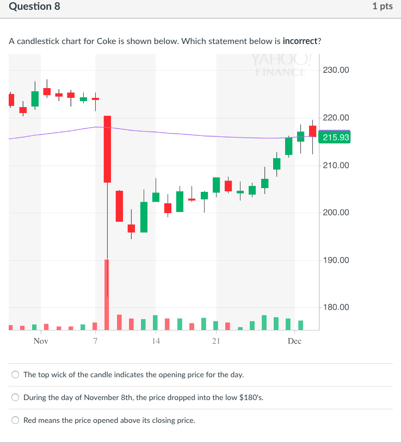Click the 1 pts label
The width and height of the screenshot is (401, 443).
(x=383, y=7)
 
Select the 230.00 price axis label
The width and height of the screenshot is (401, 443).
(x=336, y=70)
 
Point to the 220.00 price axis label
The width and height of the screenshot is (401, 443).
(x=336, y=117)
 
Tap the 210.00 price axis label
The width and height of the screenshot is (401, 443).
(x=336, y=165)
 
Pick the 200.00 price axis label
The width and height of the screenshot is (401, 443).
(x=336, y=213)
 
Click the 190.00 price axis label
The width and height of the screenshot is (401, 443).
(x=336, y=260)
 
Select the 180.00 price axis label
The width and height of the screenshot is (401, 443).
(x=336, y=308)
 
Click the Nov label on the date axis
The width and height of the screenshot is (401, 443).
(x=40, y=341)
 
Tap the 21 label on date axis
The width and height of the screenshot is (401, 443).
(x=216, y=341)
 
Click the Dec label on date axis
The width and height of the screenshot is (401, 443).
(x=294, y=341)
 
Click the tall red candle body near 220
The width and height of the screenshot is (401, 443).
(x=107, y=149)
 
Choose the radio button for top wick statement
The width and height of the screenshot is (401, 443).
(x=16, y=375)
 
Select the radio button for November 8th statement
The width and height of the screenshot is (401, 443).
(x=16, y=398)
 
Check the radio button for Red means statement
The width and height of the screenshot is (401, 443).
(x=16, y=420)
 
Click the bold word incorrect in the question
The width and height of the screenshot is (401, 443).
(x=301, y=41)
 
